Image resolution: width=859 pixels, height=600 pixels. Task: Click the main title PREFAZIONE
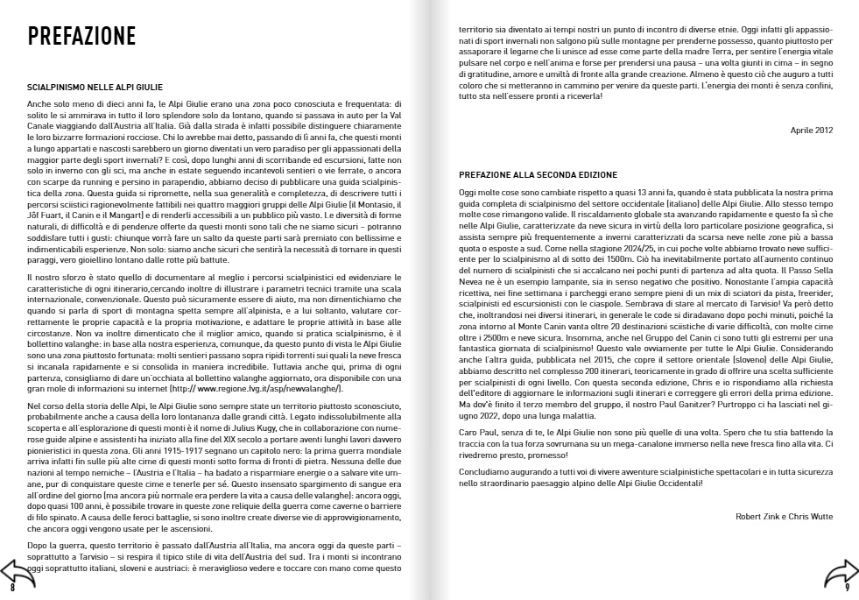(81, 36)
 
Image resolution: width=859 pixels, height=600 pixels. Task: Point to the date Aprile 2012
(812, 130)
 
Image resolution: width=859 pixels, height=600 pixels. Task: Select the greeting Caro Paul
(477, 434)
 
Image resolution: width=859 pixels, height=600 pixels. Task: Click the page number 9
(847, 589)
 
